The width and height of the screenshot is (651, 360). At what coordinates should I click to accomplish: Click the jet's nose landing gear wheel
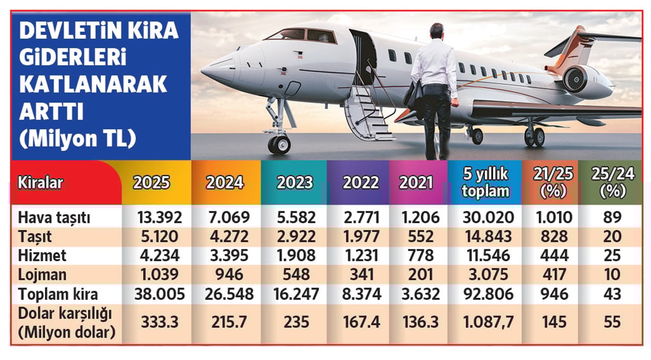coord(279,144)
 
